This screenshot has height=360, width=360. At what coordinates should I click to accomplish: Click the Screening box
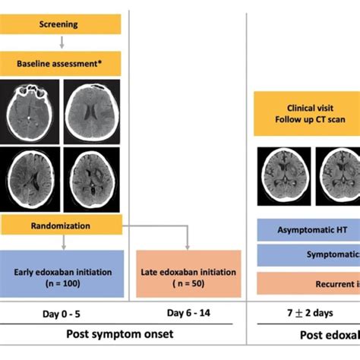tap(61, 24)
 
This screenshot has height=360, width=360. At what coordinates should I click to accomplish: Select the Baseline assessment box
tap(61, 64)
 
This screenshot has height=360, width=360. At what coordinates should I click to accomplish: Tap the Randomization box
tap(61, 226)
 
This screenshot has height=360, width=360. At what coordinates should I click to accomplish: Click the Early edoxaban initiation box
tap(61, 275)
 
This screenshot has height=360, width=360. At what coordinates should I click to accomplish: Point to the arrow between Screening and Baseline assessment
tap(61, 44)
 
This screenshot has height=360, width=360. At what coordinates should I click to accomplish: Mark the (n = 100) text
tap(61, 283)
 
